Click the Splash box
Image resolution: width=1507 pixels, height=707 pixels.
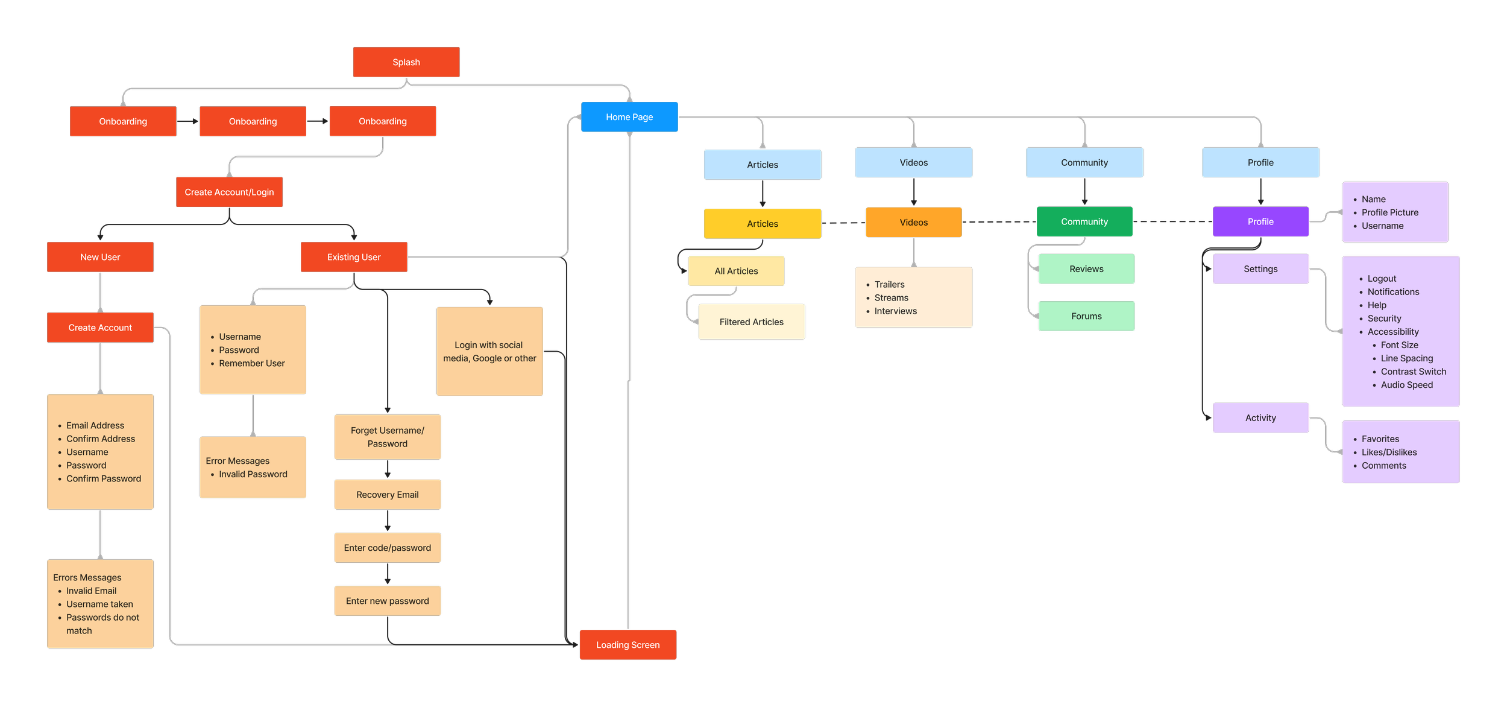(x=406, y=62)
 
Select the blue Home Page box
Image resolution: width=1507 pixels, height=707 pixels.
(x=629, y=117)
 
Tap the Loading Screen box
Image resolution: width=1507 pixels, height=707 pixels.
(x=628, y=645)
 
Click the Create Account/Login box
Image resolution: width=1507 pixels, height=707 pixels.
(x=229, y=192)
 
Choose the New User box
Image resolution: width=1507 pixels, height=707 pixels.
(x=100, y=257)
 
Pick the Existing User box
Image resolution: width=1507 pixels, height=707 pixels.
(x=354, y=257)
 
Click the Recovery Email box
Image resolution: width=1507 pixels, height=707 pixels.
(x=387, y=495)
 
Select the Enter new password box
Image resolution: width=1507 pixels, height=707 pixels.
(x=387, y=601)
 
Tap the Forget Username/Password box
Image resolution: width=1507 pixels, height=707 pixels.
(x=387, y=437)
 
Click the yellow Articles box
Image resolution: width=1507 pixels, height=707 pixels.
(x=762, y=224)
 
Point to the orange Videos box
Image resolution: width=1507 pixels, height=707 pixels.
(x=913, y=223)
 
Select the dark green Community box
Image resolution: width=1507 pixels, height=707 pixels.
(x=1084, y=222)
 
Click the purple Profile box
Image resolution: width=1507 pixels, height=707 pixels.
(x=1260, y=222)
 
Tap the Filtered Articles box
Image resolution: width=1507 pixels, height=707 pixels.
(x=751, y=322)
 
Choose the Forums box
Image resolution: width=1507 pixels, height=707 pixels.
(x=1086, y=316)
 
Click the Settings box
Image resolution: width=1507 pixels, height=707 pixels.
(x=1260, y=269)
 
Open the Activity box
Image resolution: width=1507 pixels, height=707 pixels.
(x=1260, y=418)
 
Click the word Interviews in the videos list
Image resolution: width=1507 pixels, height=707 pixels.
(x=895, y=311)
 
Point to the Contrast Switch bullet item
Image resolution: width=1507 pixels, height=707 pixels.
(x=1413, y=372)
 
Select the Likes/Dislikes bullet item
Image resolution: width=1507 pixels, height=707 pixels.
(x=1389, y=452)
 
